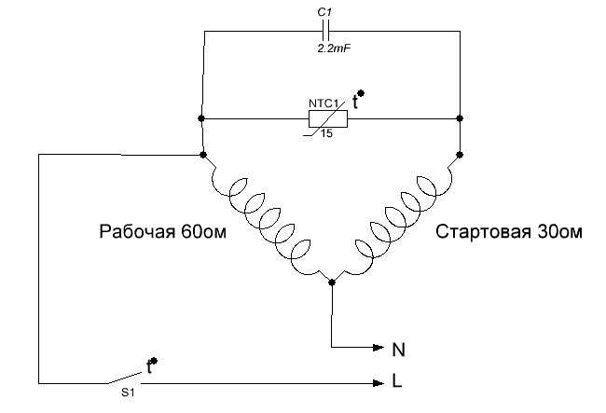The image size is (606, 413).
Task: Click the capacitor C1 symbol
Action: tap(325, 32)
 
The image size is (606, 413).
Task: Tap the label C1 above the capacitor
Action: tap(324, 12)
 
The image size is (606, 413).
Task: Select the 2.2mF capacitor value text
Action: tap(334, 48)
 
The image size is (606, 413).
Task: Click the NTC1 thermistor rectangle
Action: tap(328, 118)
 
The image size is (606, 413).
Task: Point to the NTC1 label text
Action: tap(324, 103)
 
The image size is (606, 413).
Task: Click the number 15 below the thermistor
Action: tap(326, 133)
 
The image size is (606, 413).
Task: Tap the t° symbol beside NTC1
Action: tap(358, 100)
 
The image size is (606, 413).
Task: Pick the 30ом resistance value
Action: tap(559, 232)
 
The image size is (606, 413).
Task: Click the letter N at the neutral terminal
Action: tap(398, 350)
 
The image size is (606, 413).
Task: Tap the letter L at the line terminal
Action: tap(397, 381)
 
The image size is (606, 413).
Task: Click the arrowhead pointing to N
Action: tap(379, 348)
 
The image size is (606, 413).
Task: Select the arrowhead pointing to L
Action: tap(379, 383)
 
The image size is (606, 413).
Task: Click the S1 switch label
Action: tap(128, 392)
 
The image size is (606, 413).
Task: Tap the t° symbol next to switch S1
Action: tap(152, 365)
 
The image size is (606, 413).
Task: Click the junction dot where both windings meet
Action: tap(332, 282)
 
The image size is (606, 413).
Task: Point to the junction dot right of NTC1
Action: tap(460, 117)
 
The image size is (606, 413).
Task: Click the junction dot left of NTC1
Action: tap(201, 117)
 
